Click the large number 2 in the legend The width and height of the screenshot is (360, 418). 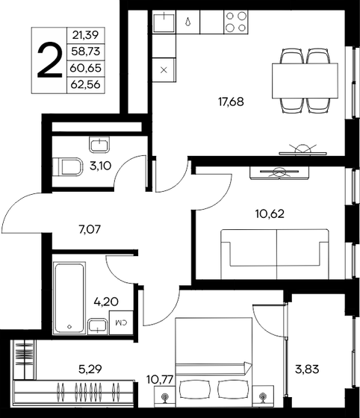pos(49,60)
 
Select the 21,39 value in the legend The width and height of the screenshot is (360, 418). pos(86,35)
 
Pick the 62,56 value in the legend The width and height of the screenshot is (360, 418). pos(86,84)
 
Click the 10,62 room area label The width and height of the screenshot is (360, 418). pos(268,213)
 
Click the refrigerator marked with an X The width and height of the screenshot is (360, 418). pos(164,69)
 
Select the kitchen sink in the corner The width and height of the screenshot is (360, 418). pos(164,22)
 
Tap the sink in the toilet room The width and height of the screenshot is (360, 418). pos(99,144)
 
